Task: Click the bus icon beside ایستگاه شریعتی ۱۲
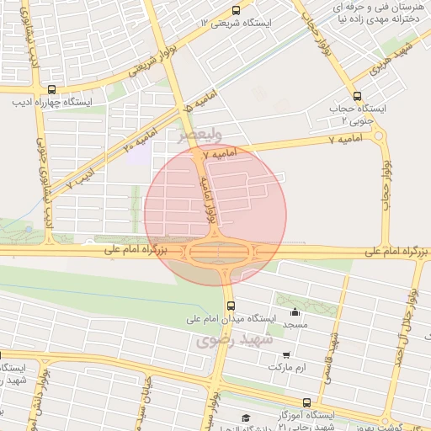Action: click(235, 11)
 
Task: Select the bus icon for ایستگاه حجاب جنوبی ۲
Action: click(357, 96)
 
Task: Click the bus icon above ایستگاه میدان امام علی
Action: click(231, 306)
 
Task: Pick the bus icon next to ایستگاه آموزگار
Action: click(306, 403)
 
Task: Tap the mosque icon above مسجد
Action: click(294, 313)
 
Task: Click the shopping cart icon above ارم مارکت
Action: click(288, 356)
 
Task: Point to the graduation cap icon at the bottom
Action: click(246, 418)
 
